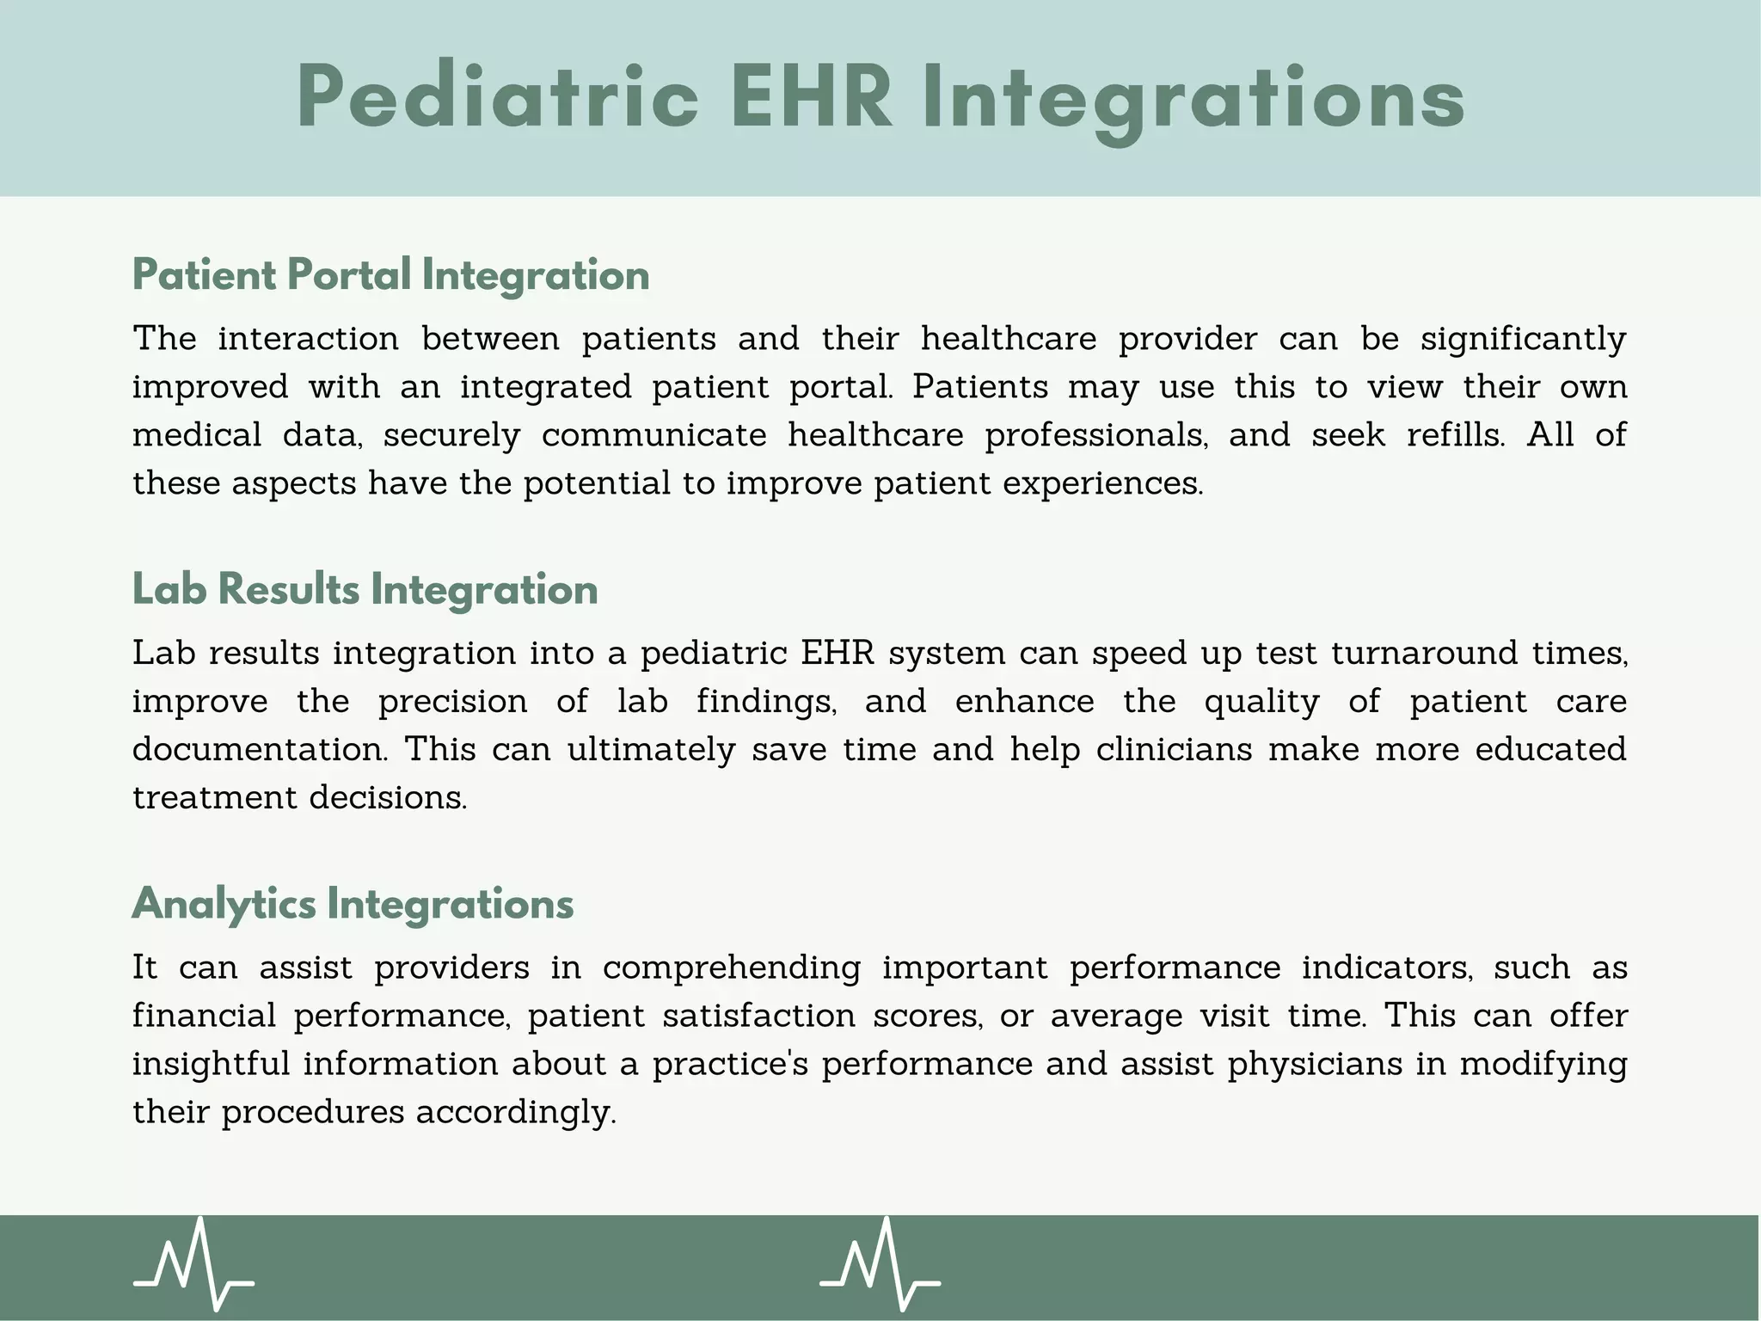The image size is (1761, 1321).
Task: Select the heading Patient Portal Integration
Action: [390, 275]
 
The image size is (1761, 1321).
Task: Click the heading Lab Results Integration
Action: [365, 590]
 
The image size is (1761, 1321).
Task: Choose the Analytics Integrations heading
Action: [353, 905]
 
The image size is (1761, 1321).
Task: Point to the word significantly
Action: [1523, 340]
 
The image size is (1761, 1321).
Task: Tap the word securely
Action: [451, 436]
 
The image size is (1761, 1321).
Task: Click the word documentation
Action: [259, 750]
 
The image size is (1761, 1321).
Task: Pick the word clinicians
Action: [1174, 750]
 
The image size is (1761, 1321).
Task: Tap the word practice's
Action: [729, 1065]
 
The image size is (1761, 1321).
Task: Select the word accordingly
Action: [516, 1113]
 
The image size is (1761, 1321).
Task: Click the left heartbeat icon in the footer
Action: [193, 1263]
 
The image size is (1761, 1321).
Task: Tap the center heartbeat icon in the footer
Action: [880, 1263]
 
